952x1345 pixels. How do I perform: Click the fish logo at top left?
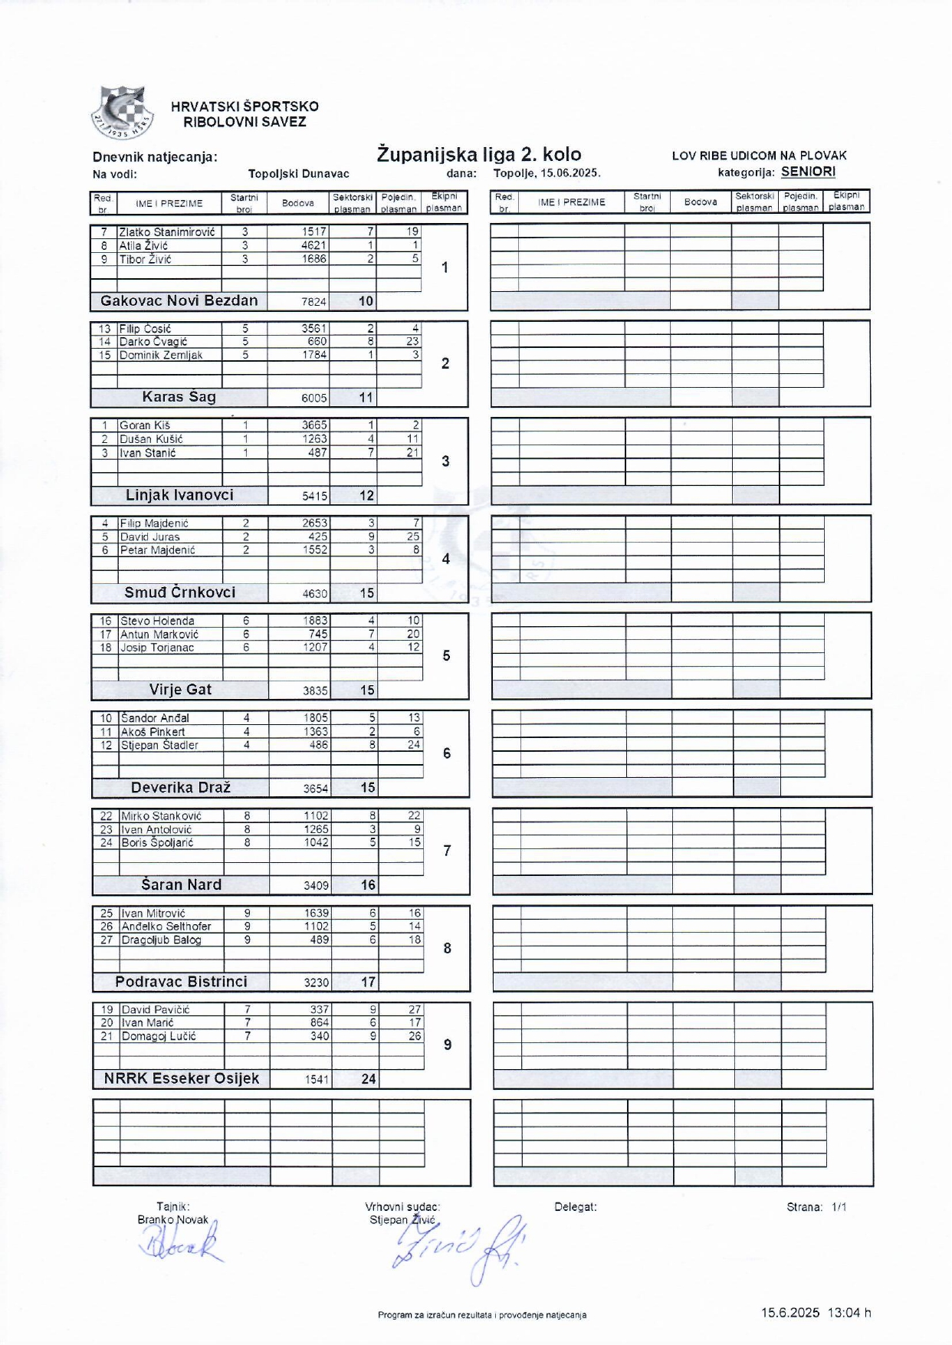(x=121, y=113)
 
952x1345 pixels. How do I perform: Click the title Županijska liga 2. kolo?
(x=479, y=154)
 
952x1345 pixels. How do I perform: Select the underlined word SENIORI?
(x=808, y=172)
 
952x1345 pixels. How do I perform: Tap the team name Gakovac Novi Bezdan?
(x=179, y=300)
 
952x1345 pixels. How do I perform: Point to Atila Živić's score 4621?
(x=314, y=245)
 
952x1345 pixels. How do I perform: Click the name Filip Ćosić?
(x=145, y=329)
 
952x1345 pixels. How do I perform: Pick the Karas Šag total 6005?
(x=314, y=398)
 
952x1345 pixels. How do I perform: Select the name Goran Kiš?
(x=145, y=425)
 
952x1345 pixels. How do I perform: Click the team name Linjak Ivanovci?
(x=179, y=495)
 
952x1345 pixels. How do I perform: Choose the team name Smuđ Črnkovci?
(x=180, y=592)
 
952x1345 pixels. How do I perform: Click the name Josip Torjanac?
(x=157, y=648)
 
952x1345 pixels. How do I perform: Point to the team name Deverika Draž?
(x=181, y=787)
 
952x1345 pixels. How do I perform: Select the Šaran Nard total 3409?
(x=316, y=885)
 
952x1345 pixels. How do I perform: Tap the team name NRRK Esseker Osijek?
(x=182, y=1078)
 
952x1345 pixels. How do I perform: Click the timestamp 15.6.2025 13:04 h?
(x=816, y=1313)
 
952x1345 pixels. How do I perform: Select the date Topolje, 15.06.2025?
(x=547, y=173)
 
